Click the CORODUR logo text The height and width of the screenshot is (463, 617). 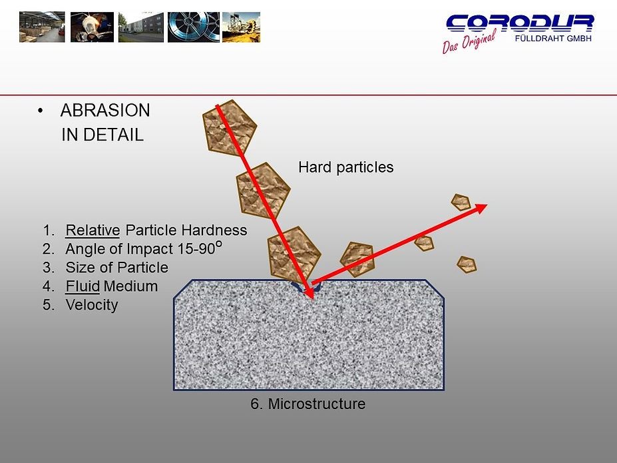519,24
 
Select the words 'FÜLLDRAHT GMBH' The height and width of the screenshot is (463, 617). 553,39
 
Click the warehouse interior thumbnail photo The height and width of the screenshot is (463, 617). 42,27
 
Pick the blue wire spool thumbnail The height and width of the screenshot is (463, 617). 193,27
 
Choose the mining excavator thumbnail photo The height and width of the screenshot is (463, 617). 241,27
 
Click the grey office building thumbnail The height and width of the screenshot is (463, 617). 140,27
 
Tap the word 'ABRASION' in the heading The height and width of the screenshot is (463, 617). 105,111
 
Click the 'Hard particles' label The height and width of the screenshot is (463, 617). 345,167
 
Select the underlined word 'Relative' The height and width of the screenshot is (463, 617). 93,231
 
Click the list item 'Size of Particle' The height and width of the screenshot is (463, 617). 116,268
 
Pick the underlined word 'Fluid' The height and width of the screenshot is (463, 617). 83,286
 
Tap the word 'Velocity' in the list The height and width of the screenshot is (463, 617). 91,305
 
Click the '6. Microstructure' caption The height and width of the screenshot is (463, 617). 308,404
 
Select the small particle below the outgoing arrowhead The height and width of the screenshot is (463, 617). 467,264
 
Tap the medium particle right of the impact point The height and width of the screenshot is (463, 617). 357,258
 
